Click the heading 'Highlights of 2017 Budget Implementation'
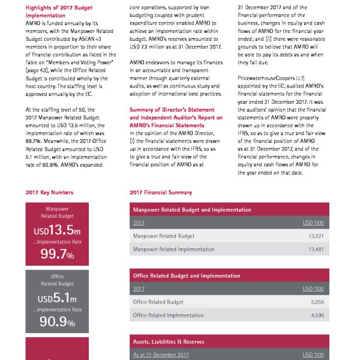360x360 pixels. [59, 11]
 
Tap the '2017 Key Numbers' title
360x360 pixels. [50, 193]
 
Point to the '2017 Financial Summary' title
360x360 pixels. [161, 193]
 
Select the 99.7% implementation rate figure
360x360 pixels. [57, 255]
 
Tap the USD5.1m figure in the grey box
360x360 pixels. [57, 298]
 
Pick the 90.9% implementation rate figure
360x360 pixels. [57, 322]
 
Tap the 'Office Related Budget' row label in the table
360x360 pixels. [158, 302]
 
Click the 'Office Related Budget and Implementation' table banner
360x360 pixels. [187, 276]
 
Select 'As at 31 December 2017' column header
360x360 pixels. [161, 355]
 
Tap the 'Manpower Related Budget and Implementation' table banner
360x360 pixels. [192, 210]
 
